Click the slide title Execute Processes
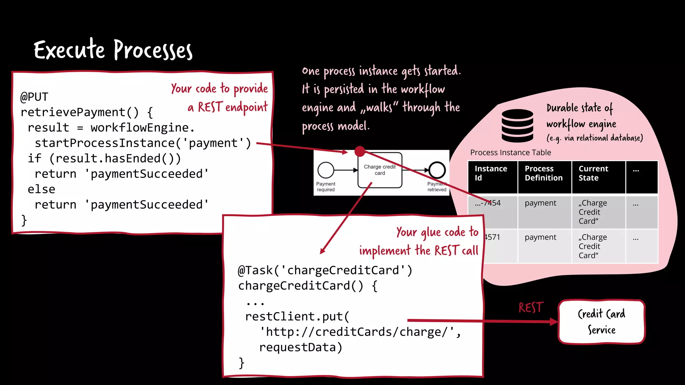113,50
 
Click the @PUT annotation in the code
34,97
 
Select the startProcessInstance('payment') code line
143,143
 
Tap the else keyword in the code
41,189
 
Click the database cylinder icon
517,126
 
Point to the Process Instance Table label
510,152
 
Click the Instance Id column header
491,173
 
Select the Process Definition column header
544,173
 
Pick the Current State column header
593,173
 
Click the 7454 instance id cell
488,203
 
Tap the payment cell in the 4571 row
540,237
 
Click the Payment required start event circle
326,170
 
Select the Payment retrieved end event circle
437,170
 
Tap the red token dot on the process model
360,151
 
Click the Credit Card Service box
601,322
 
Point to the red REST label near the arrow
531,307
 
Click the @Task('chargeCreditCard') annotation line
325,270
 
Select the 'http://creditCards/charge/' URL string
360,332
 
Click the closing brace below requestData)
241,363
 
